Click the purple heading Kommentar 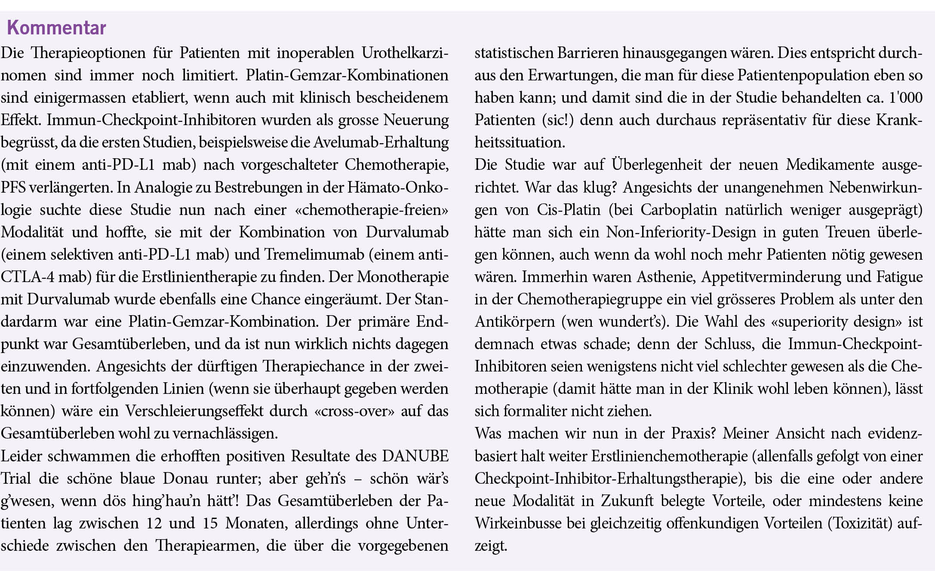tap(56, 28)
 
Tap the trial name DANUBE tap(415, 456)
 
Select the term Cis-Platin tap(569, 210)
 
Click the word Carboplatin tap(677, 210)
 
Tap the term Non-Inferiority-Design tap(681, 232)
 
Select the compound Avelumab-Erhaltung tap(381, 142)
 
